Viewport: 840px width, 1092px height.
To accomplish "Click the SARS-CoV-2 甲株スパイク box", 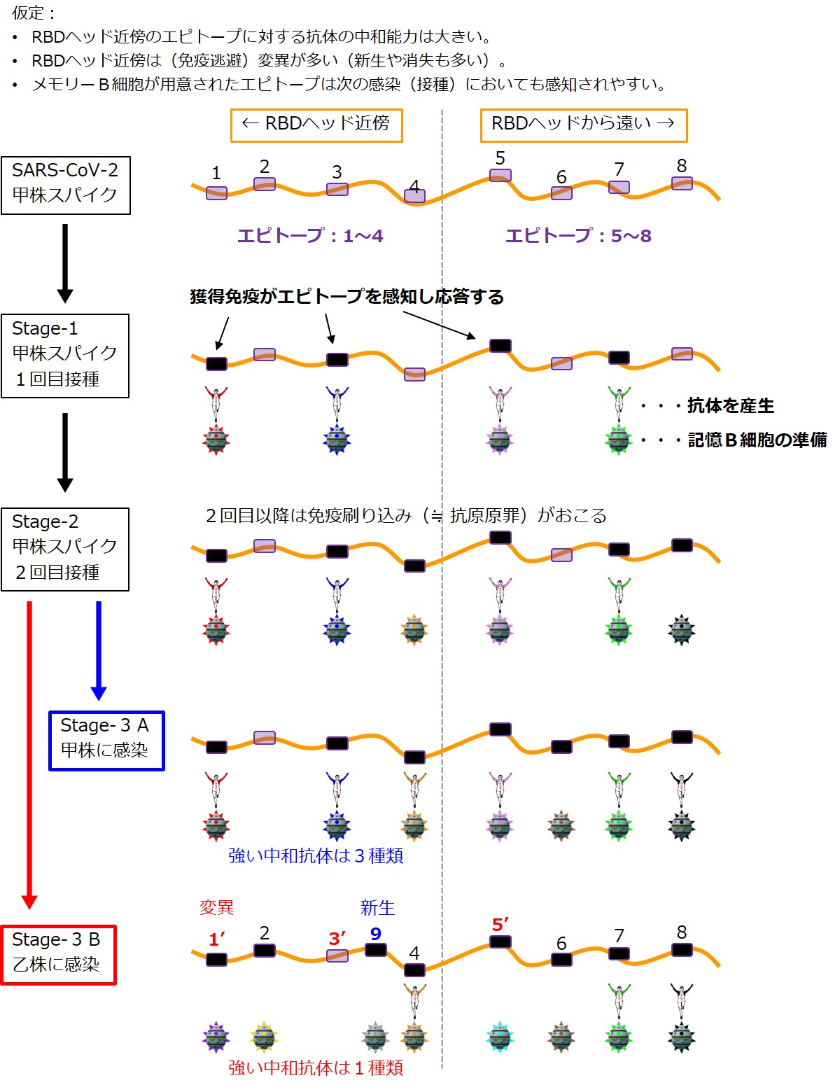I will (x=65, y=185).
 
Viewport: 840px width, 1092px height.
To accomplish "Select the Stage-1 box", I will (x=65, y=356).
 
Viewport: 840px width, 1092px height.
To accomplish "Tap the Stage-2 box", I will (x=65, y=549).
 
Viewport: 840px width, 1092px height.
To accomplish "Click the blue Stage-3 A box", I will (x=106, y=741).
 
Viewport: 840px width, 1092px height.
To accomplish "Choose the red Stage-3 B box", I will (x=59, y=955).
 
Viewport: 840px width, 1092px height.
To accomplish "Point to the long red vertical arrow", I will (x=29, y=752).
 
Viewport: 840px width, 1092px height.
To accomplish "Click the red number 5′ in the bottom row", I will (x=500, y=925).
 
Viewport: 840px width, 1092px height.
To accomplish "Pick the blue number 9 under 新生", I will (x=376, y=933).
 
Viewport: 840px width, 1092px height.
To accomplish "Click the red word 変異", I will (x=217, y=907).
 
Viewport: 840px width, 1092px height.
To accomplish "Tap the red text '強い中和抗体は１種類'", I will (x=316, y=1067).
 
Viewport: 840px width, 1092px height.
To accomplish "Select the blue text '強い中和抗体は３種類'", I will (x=316, y=855).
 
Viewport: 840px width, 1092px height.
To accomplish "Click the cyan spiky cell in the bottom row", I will (x=500, y=1037).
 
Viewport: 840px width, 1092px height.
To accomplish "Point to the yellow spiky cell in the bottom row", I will (x=264, y=1037).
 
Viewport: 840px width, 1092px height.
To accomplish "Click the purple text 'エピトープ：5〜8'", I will (x=578, y=236).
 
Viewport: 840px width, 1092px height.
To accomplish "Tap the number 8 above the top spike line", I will (x=682, y=166).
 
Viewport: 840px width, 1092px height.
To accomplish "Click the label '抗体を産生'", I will (x=730, y=405).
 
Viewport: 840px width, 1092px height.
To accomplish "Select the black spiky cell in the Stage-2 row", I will (x=682, y=630).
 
